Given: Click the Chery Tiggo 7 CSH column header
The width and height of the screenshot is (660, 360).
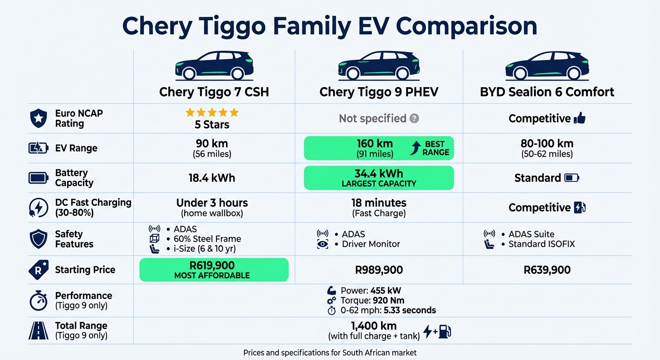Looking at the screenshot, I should pos(214,91).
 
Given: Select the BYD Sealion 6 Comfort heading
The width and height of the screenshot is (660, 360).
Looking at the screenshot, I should pos(547,91).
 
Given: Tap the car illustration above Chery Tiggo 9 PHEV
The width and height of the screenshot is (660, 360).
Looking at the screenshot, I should pos(379,66).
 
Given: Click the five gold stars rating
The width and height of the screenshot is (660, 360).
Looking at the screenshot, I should pos(212,112).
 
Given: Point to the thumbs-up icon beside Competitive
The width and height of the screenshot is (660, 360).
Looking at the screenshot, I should pos(580,119).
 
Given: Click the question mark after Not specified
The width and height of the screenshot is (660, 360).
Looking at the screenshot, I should pos(414,119).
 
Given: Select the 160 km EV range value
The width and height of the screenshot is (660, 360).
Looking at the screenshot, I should pos(374,143).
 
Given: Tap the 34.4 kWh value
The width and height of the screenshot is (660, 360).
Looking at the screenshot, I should pos(379,173).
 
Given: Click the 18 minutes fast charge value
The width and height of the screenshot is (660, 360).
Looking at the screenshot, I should pos(379,203).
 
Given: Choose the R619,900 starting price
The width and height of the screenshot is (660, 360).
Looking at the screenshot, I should pos(212,266).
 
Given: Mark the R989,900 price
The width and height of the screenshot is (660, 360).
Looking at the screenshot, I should pos(379,270).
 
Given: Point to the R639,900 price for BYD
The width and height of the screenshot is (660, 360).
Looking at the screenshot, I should pos(547,270).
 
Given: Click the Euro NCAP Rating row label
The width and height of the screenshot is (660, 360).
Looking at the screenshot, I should pos(79,119).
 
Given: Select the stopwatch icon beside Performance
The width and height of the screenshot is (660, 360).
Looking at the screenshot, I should pos(38,301).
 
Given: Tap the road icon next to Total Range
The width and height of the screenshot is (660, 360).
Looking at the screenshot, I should pos(38,330).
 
